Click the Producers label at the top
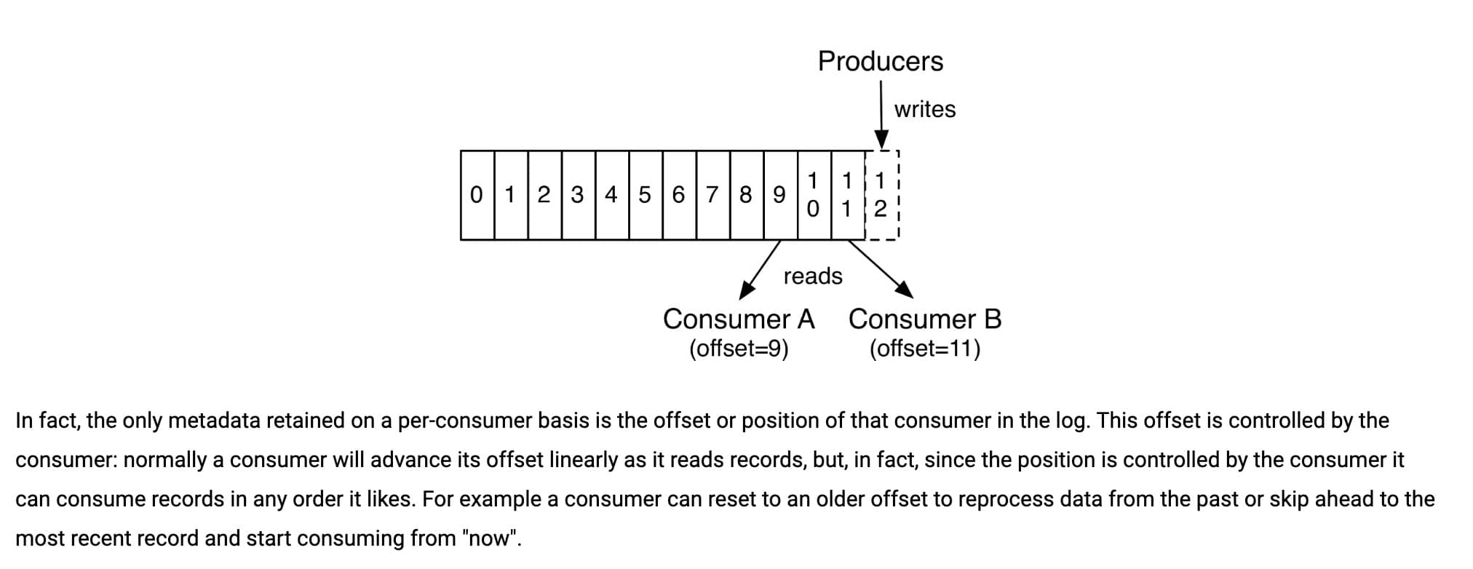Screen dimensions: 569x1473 pyautogui.click(x=880, y=61)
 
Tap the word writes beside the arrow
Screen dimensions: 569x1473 pyautogui.click(x=924, y=109)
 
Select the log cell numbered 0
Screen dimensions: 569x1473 pyautogui.click(x=477, y=195)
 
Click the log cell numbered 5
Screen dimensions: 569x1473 pyautogui.click(x=645, y=195)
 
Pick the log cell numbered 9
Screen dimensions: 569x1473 pyautogui.click(x=779, y=195)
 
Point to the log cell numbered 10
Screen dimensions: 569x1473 pyautogui.click(x=814, y=195)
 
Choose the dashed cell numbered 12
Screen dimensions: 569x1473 pyautogui.click(x=881, y=195)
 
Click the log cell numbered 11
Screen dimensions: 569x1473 pyautogui.click(x=847, y=195)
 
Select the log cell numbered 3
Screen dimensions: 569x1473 pyautogui.click(x=578, y=195)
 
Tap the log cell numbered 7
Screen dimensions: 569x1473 pyautogui.click(x=712, y=195)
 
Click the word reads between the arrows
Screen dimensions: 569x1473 pyautogui.click(x=813, y=276)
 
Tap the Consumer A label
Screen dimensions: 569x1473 pyautogui.click(x=738, y=319)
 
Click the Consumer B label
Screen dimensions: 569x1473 pyautogui.click(x=925, y=319)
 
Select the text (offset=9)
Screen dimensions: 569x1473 pyautogui.click(x=739, y=349)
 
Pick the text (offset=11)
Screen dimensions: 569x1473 pyautogui.click(x=925, y=349)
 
